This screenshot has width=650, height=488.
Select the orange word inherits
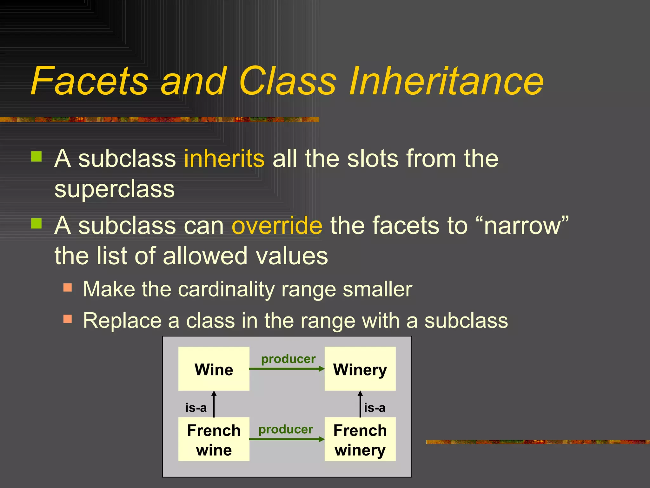[x=224, y=158]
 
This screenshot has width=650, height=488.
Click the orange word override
[x=277, y=225]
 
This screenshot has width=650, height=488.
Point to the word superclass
[x=114, y=189]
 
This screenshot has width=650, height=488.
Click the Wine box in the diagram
[x=214, y=369]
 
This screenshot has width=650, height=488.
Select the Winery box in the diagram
[x=360, y=369]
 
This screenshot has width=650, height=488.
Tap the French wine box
[x=214, y=439]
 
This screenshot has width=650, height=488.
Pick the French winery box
[x=360, y=439]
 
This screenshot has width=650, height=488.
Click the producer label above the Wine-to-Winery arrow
[x=288, y=359]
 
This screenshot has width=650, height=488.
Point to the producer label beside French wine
[x=286, y=429]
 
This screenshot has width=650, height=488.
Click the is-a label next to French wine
[x=196, y=408]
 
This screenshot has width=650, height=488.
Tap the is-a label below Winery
[x=375, y=408]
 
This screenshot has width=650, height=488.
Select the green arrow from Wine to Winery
[x=287, y=369]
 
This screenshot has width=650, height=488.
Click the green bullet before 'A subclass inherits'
[x=36, y=156]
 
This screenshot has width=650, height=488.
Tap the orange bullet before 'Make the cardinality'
[x=68, y=287]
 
